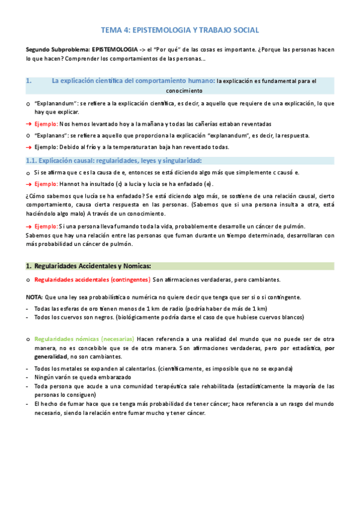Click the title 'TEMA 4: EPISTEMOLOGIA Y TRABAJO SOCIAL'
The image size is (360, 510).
(180, 30)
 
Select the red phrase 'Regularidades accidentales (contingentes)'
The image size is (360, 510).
(92, 280)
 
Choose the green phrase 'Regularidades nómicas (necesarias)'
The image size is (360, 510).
(84, 340)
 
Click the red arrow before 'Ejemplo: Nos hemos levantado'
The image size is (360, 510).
(28, 123)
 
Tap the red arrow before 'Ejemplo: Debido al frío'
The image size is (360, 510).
(28, 147)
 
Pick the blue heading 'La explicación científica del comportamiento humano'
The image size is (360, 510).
(133, 80)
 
